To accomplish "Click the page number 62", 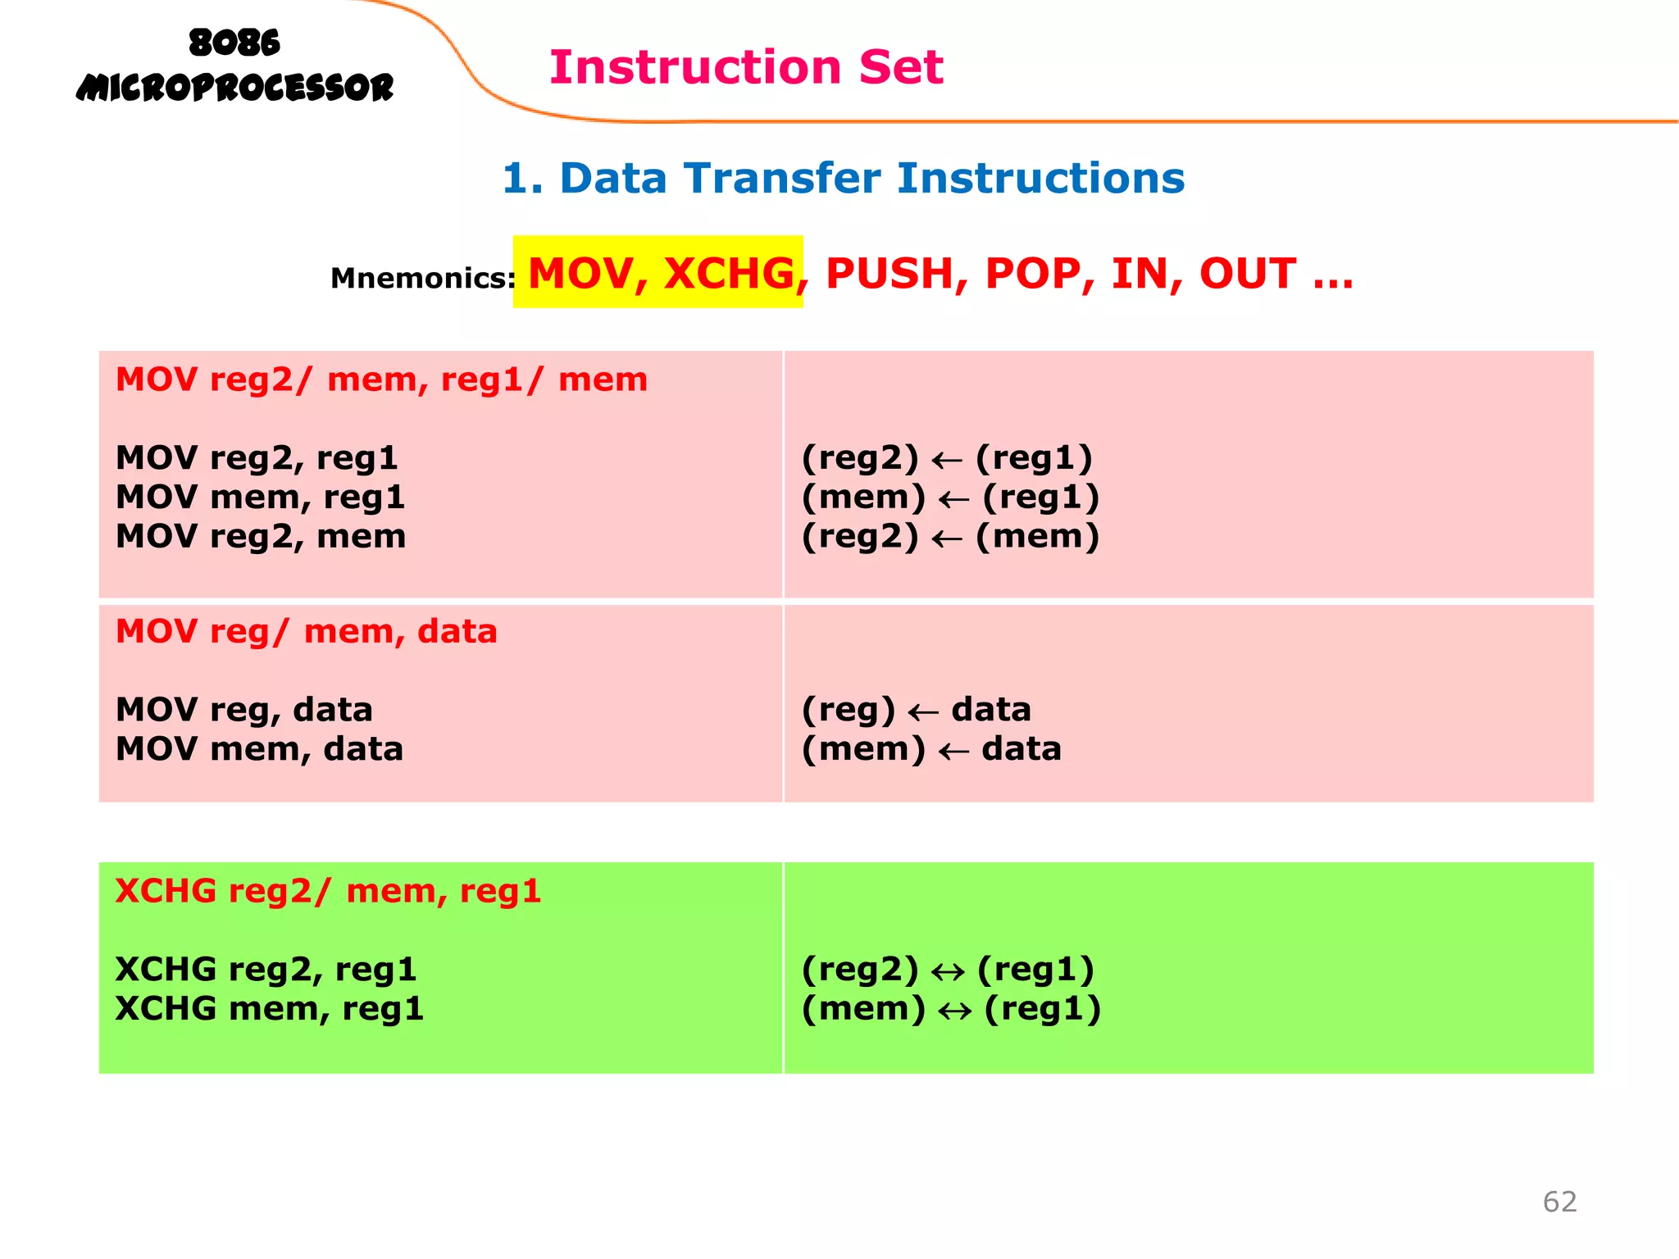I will tap(1559, 1202).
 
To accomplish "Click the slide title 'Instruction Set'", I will tap(746, 67).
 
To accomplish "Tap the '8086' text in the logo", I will tap(234, 43).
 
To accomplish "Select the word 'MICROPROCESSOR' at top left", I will tap(234, 88).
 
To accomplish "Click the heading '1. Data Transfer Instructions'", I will tap(843, 178).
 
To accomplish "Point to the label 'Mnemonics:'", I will tap(422, 279).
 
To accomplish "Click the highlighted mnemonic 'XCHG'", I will tap(729, 273).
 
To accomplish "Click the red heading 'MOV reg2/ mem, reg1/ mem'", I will tap(381, 380).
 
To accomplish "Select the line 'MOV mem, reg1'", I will tap(260, 497).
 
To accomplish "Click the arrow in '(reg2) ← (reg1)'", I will tap(947, 461).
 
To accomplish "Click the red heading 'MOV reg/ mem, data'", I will tap(306, 631).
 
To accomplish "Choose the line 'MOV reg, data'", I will tap(243, 710).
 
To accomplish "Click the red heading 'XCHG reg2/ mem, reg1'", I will tap(328, 891).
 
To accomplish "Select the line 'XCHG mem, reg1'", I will tap(269, 1008).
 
